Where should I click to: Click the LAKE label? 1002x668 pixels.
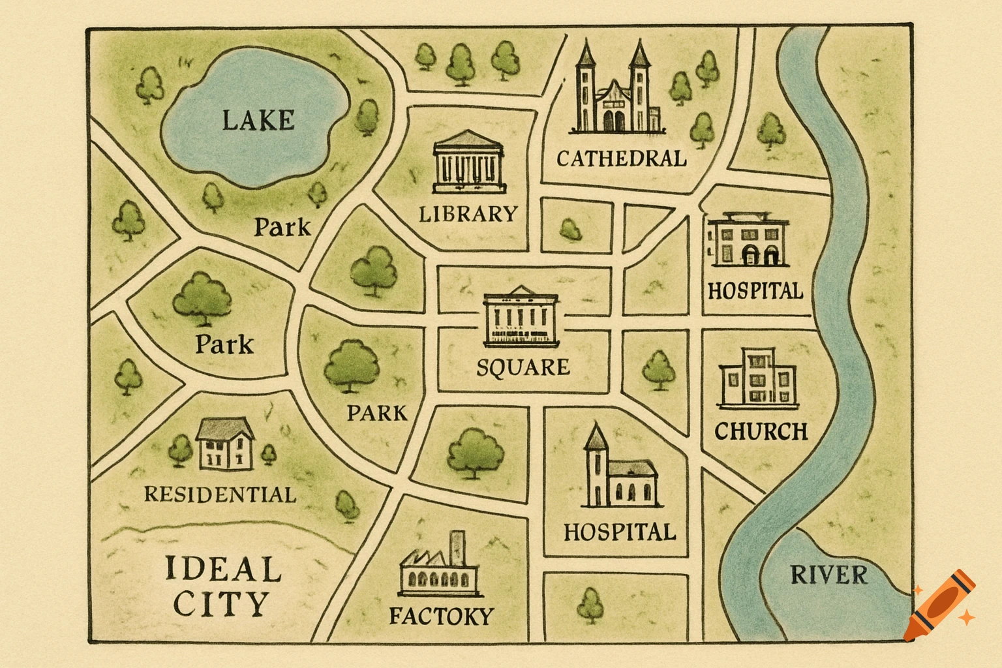(x=258, y=121)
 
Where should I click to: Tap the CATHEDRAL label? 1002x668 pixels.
(x=621, y=159)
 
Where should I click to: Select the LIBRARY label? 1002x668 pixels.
(x=468, y=214)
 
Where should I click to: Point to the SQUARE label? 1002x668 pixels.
(x=523, y=367)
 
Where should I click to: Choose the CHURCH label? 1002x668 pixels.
(x=761, y=431)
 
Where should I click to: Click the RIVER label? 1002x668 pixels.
(x=828, y=575)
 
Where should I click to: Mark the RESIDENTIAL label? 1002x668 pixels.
(x=220, y=494)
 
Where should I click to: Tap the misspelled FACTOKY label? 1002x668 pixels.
(x=441, y=615)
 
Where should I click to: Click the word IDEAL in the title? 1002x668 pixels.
(x=222, y=569)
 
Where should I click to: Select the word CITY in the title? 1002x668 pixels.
(x=221, y=604)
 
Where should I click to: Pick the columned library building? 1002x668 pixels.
(x=468, y=162)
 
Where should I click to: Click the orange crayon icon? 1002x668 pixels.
(x=941, y=607)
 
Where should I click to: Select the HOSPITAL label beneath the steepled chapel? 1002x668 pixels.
(x=619, y=532)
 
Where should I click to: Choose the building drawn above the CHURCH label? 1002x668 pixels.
(x=758, y=379)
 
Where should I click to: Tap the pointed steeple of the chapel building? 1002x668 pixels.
(x=596, y=436)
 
